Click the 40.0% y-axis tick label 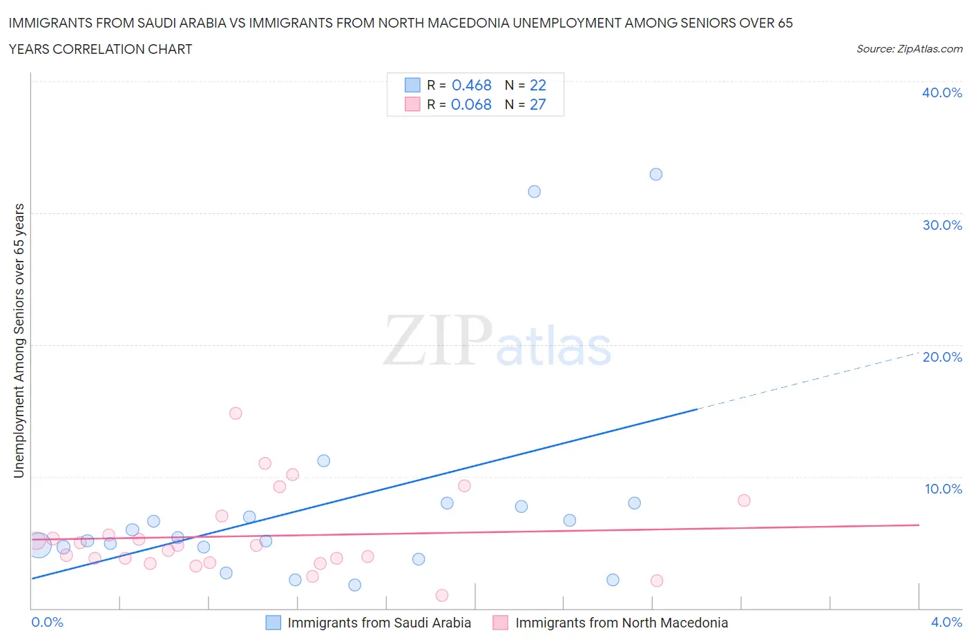(x=942, y=93)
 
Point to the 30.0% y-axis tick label (x=942, y=225)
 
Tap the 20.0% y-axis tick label (x=942, y=357)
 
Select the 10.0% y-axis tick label (x=943, y=489)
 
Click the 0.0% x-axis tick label (x=47, y=622)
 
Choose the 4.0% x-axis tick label (x=946, y=622)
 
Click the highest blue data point (x=656, y=174)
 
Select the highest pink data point (x=235, y=414)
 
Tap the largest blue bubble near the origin (x=39, y=545)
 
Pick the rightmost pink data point (x=744, y=500)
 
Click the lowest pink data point (x=442, y=595)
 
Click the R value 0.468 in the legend (x=472, y=85)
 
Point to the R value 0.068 (x=471, y=104)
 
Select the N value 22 (x=538, y=85)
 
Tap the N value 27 (x=538, y=104)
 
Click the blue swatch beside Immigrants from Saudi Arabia (x=273, y=623)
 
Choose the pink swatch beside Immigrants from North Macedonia (x=501, y=623)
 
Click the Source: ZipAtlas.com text (x=909, y=48)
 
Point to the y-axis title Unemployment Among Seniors (x=19, y=340)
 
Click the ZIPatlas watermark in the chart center (x=497, y=342)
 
